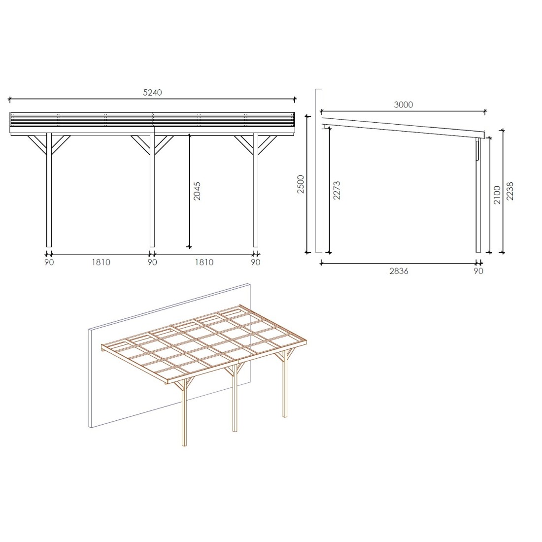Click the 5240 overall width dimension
152,93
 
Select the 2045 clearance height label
197,191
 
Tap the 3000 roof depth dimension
404,105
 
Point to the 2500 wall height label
301,184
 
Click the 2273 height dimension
337,190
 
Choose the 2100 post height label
497,195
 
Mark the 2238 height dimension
510,191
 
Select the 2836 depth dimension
399,271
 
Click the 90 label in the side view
478,271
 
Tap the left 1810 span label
101,262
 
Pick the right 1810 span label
204,262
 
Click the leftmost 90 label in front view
49,262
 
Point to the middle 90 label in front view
152,262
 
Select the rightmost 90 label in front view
255,262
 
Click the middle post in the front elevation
152,190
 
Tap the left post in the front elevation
49,190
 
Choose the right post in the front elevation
255,190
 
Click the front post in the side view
478,195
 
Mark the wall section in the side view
319,171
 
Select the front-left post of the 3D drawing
184,413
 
